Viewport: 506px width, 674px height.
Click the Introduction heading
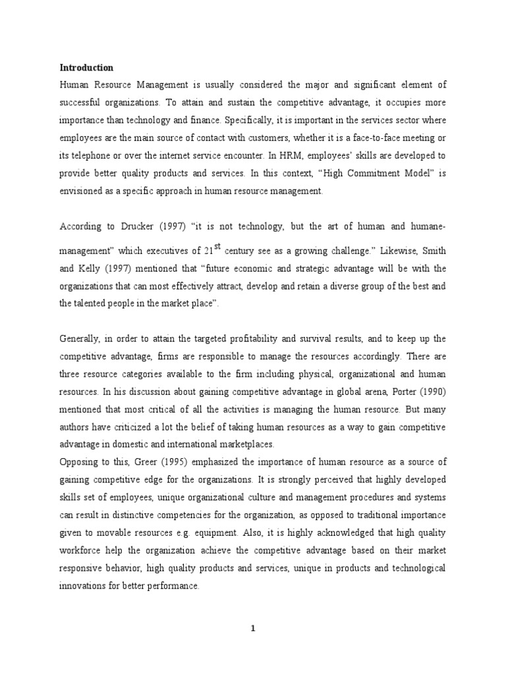[x=86, y=67]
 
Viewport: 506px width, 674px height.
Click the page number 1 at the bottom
[x=252, y=629]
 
